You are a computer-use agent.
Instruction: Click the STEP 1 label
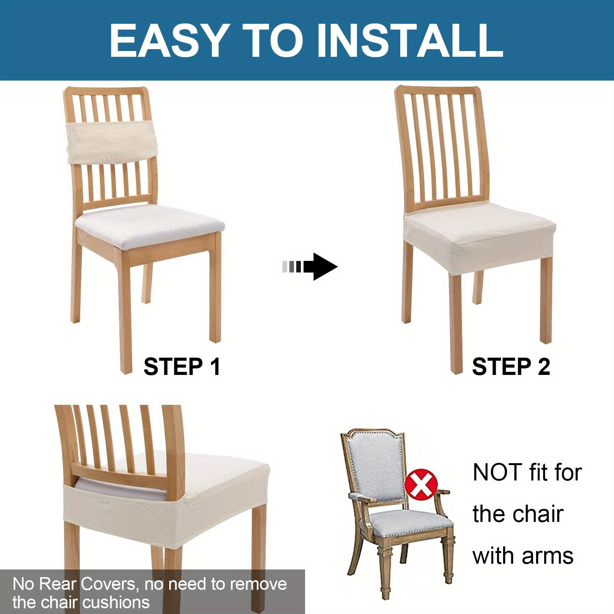[182, 366]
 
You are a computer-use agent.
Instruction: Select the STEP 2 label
[511, 366]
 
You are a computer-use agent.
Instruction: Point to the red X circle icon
[421, 484]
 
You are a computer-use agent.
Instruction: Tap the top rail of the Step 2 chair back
[437, 90]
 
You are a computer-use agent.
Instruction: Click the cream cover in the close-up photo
[165, 503]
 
